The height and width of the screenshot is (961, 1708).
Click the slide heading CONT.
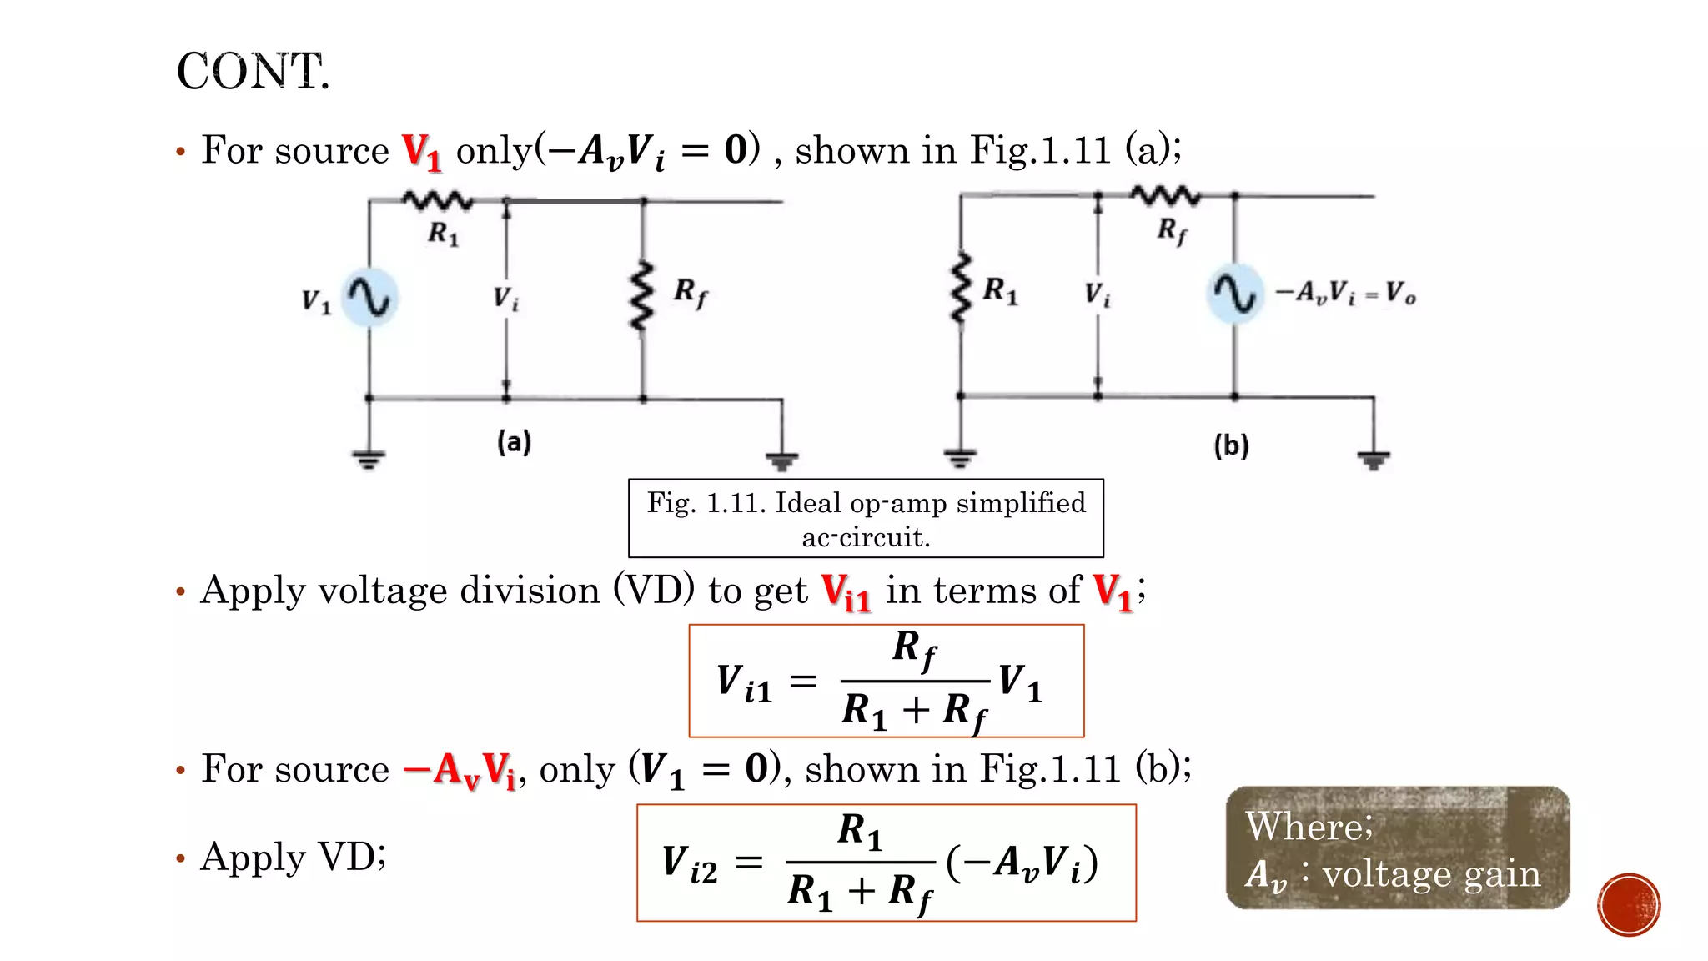click(x=253, y=72)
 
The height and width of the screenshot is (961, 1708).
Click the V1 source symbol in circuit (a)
click(x=370, y=297)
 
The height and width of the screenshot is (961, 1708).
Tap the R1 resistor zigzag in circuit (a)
click(x=437, y=200)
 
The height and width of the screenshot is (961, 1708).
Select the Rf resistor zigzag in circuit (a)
click(x=641, y=296)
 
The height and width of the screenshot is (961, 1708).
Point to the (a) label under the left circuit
click(x=514, y=441)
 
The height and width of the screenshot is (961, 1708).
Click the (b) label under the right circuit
click(x=1231, y=445)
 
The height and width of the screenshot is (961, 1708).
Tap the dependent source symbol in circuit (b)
click(x=1234, y=294)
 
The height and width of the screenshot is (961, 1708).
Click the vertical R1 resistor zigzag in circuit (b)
click(x=962, y=288)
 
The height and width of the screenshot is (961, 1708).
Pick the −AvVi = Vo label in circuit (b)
click(x=1344, y=293)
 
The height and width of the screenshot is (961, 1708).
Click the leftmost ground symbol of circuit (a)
click(x=369, y=459)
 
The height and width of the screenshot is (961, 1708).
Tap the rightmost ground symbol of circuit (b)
click(x=1373, y=460)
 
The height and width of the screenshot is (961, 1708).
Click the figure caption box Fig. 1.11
click(x=866, y=518)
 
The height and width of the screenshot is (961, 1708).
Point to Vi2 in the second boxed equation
click(x=689, y=863)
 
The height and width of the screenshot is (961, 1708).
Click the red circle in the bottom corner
click(x=1629, y=905)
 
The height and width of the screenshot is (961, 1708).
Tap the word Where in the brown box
click(x=1306, y=826)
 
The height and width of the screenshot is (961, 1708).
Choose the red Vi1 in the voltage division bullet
click(x=846, y=592)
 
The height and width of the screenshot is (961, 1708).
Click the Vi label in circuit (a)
click(x=505, y=298)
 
